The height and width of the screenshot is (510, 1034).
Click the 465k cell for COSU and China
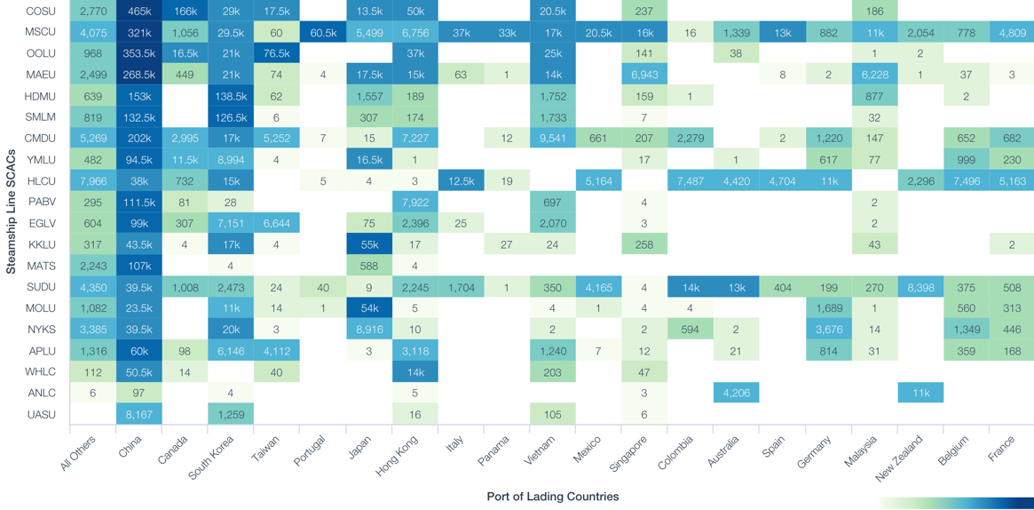coord(138,12)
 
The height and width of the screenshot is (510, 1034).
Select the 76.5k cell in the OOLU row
coord(276,53)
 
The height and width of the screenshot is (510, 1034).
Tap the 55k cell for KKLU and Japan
coord(368,244)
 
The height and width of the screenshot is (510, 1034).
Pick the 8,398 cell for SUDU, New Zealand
coord(920,287)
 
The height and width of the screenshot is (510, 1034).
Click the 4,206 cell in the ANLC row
coord(736,393)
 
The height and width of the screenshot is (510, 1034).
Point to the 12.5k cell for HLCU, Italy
coord(461,181)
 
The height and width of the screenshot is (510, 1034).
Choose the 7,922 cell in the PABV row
coord(414,203)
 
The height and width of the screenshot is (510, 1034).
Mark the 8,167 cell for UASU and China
coord(138,414)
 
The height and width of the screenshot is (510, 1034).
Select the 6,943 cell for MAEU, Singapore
coord(644,75)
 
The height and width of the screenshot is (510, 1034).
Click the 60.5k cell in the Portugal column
coord(323,33)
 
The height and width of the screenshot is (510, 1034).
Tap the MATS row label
coord(41,266)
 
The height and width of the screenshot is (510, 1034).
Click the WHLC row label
coord(41,371)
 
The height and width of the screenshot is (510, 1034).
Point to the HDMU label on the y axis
coord(41,96)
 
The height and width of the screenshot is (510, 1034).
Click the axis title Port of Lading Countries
coord(552,497)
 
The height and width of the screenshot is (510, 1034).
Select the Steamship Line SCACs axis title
coord(11,212)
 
